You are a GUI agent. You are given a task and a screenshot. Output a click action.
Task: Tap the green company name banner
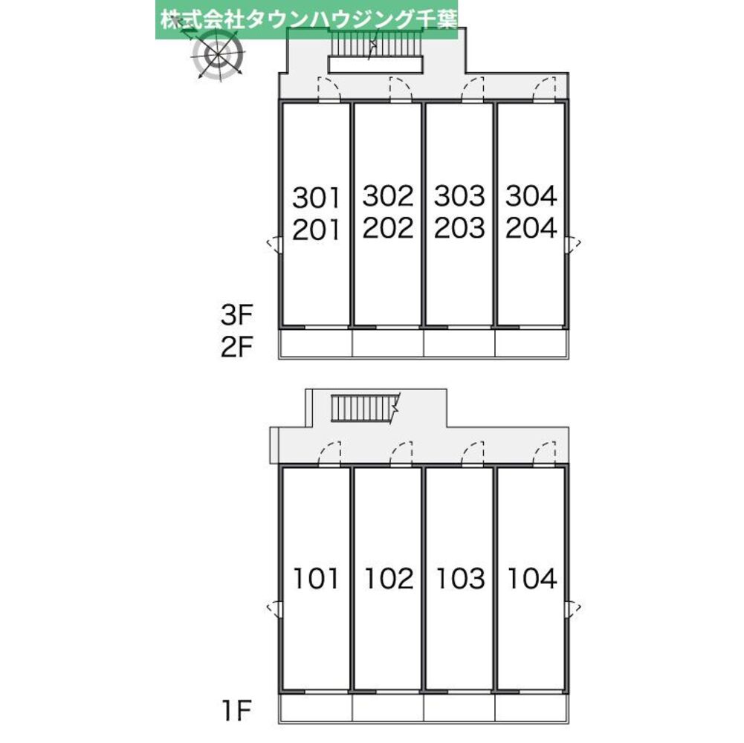pyautogui.click(x=306, y=19)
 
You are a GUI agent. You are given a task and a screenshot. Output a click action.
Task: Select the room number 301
pyautogui.click(x=316, y=198)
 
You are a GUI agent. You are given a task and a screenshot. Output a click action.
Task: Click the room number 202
pyautogui.click(x=388, y=228)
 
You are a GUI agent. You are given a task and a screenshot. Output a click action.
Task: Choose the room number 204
pyautogui.click(x=531, y=228)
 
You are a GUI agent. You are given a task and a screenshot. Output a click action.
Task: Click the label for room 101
pyautogui.click(x=316, y=578)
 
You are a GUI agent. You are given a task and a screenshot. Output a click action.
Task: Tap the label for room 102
pyautogui.click(x=388, y=578)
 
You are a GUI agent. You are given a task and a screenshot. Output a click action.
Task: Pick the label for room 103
pyautogui.click(x=459, y=578)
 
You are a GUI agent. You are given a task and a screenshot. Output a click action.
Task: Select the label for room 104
pyautogui.click(x=531, y=578)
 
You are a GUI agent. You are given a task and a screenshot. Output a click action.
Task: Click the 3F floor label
pyautogui.click(x=237, y=316)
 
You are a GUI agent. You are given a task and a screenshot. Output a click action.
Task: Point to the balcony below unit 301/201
pyautogui.click(x=315, y=344)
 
